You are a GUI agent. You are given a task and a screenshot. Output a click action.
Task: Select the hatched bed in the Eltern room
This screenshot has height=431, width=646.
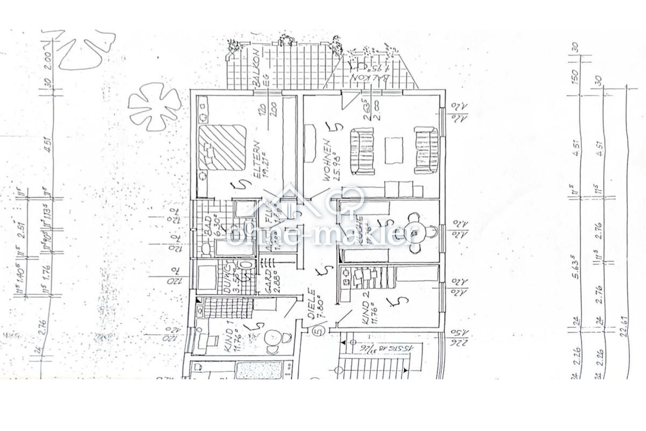222,147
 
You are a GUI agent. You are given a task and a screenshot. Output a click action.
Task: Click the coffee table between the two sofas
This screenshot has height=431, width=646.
394,151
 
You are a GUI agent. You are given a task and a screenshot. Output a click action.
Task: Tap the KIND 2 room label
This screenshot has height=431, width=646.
367,310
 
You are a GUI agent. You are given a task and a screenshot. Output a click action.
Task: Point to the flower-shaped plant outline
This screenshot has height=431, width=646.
154,106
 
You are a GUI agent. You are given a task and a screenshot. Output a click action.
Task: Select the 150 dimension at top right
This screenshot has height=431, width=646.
575,77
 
